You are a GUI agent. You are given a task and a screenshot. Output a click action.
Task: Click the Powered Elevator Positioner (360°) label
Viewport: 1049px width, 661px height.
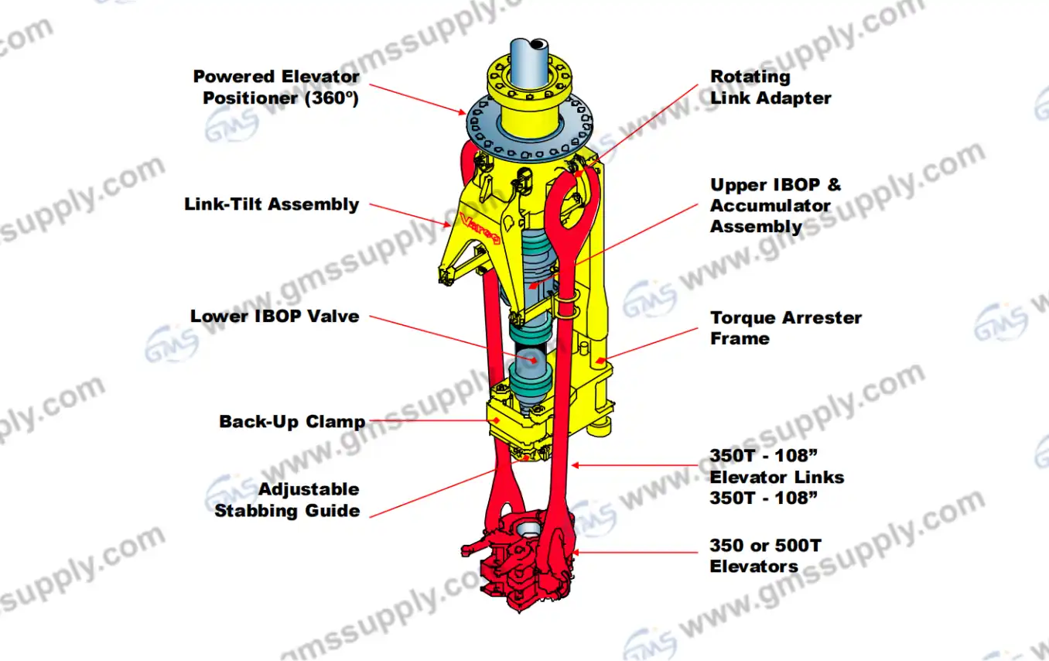point(276,87)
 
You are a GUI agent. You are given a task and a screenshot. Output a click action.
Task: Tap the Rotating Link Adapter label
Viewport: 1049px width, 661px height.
point(771,87)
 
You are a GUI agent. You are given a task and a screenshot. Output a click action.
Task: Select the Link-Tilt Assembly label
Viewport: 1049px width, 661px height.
point(272,204)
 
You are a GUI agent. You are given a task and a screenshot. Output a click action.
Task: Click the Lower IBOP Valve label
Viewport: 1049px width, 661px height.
point(275,317)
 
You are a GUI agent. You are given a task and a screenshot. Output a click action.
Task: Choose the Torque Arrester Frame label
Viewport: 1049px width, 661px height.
point(785,328)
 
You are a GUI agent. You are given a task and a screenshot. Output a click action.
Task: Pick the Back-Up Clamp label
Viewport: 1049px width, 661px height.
point(292,422)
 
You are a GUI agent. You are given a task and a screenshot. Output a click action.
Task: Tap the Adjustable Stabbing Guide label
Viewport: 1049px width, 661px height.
point(287,500)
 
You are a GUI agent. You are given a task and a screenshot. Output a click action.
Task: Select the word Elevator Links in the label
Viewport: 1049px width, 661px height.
point(777,478)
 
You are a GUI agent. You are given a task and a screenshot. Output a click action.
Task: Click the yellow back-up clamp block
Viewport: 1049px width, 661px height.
point(511,422)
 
